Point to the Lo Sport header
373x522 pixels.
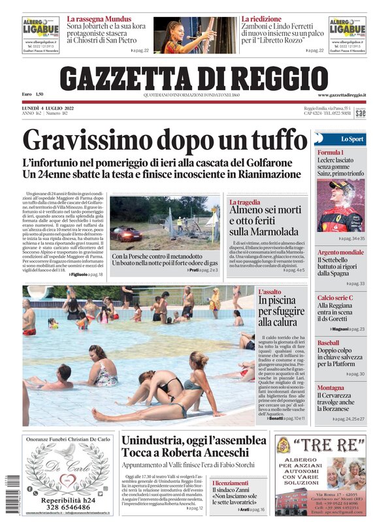(x=352, y=139)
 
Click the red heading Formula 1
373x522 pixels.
(x=331, y=153)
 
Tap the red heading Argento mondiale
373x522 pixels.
(x=340, y=253)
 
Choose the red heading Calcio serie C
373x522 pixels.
(x=335, y=298)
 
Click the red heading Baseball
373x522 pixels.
(x=329, y=343)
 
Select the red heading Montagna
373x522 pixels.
(x=331, y=388)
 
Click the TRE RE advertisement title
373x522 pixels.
(x=320, y=446)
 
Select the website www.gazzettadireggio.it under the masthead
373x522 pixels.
(x=342, y=95)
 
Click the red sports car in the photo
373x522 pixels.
(x=126, y=234)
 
